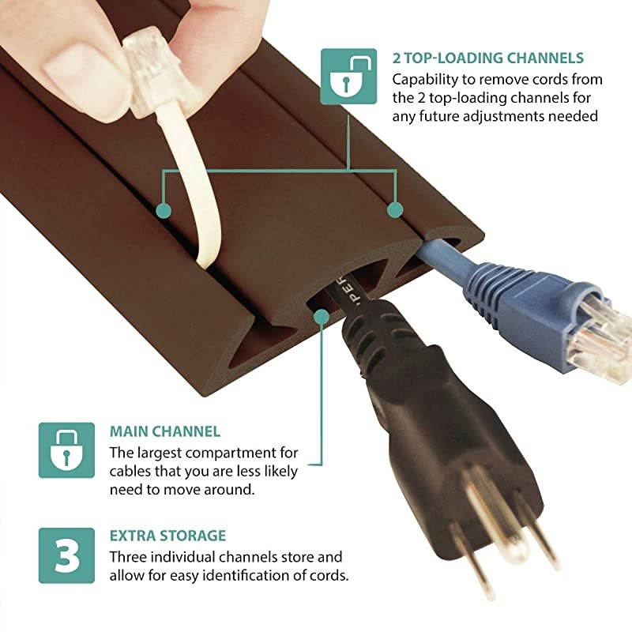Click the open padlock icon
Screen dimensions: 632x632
pyautogui.click(x=348, y=76)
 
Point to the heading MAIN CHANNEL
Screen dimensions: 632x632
pyautogui.click(x=164, y=432)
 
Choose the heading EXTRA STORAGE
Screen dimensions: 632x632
pyautogui.click(x=167, y=536)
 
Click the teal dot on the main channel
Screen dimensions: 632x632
pyautogui.click(x=321, y=318)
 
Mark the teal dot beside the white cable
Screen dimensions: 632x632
pyautogui.click(x=164, y=210)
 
